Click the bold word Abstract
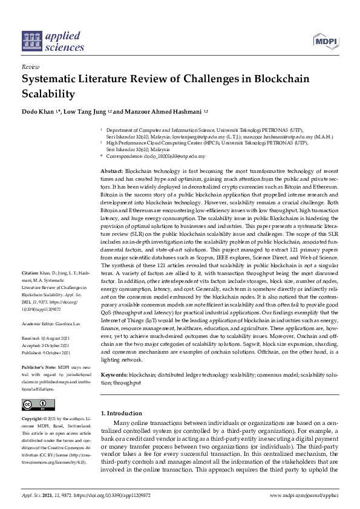tap(111, 172)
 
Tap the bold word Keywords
tap(114, 375)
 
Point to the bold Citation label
tap(30, 290)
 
